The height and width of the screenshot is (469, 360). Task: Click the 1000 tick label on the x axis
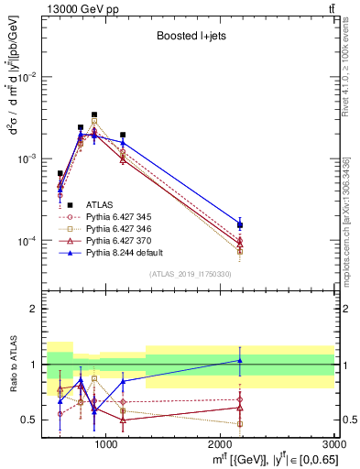coord(105,444)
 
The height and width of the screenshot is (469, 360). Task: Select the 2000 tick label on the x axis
coord(220,444)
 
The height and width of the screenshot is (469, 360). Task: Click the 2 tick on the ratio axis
coord(35,309)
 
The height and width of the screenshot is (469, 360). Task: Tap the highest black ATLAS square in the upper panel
coord(94,115)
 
